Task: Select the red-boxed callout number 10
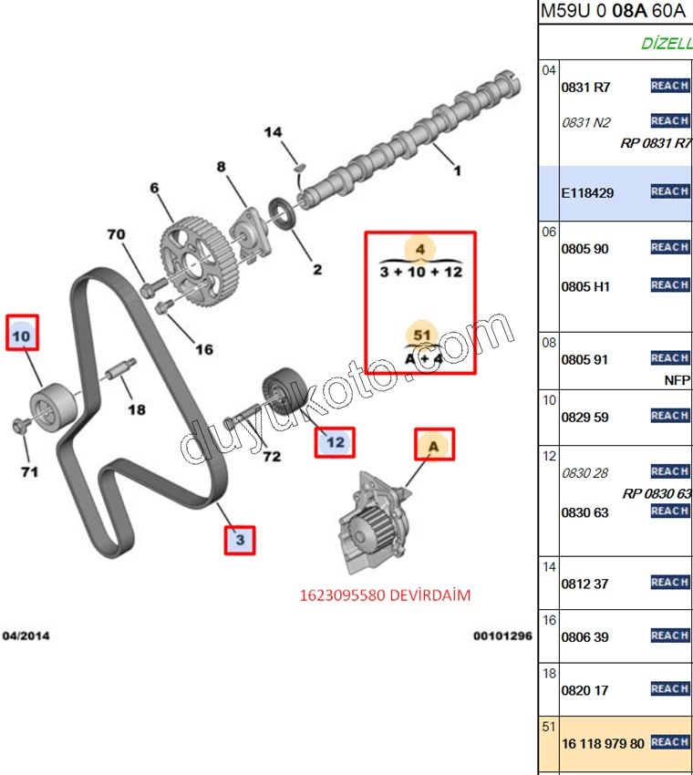(22, 336)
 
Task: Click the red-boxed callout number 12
(335, 443)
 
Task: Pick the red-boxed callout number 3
(240, 540)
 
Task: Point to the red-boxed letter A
(434, 446)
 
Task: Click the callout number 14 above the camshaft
(273, 133)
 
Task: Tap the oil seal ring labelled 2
(285, 219)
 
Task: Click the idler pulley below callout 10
(49, 404)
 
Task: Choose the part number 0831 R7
(584, 88)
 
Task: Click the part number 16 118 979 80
(602, 744)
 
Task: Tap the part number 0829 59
(584, 417)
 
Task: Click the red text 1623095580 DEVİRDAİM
(384, 595)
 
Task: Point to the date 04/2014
(27, 635)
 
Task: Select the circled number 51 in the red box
(421, 336)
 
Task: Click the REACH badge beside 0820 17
(669, 690)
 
